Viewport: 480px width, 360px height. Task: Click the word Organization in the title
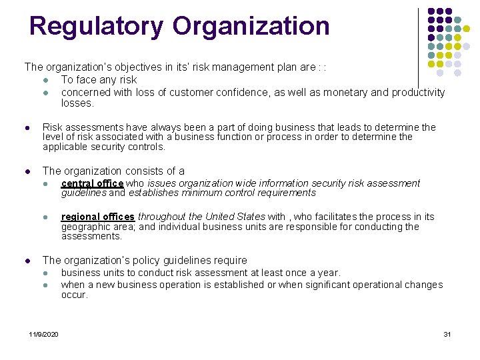click(251, 27)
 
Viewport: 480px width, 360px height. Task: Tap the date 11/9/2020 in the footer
click(43, 333)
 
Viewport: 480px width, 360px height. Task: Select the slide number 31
click(447, 333)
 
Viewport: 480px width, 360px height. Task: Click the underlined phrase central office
click(92, 183)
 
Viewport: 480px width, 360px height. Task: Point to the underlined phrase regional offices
click(98, 217)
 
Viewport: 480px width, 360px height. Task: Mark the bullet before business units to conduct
click(44, 273)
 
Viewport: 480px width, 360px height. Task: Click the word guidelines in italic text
click(83, 193)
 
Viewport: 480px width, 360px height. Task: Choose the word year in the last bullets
click(328, 273)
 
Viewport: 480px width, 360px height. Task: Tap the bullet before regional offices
click(44, 217)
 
